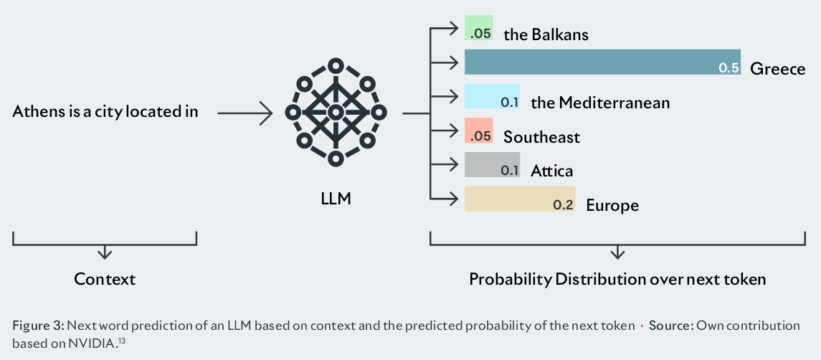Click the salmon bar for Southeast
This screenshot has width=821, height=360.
(x=478, y=130)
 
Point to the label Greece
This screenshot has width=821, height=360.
(x=777, y=69)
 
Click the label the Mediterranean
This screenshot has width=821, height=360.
(x=600, y=103)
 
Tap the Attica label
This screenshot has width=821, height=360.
(x=551, y=171)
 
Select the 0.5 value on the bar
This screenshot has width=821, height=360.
(x=728, y=68)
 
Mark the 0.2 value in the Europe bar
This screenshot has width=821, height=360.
(x=563, y=205)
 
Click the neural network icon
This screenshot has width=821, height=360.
(x=335, y=113)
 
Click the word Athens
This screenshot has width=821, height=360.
(x=35, y=112)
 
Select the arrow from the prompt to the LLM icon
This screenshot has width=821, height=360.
(x=245, y=113)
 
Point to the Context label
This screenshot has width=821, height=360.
(x=105, y=279)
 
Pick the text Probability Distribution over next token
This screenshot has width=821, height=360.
(x=617, y=279)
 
